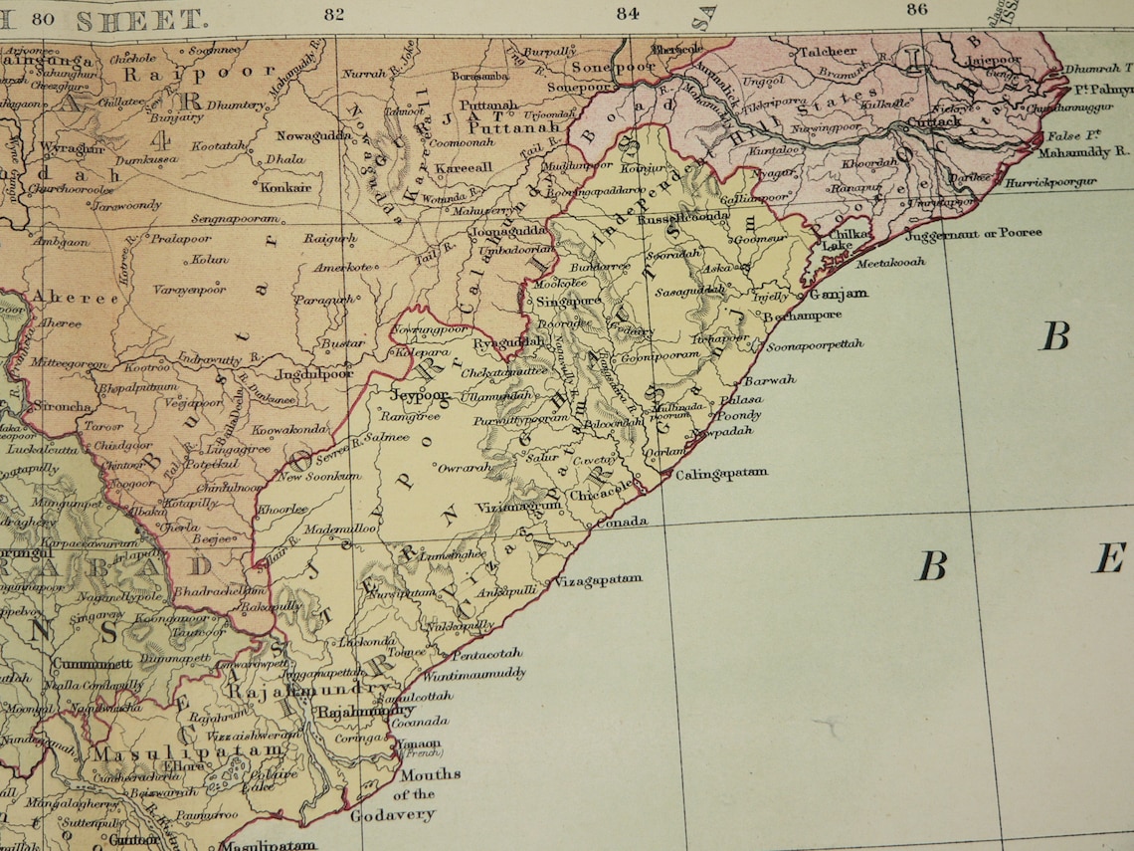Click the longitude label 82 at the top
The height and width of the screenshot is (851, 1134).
(x=334, y=13)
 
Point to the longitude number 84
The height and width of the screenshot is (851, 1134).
(x=627, y=13)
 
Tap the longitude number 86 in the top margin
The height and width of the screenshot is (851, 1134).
(x=917, y=10)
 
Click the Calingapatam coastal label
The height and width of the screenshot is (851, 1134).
(x=721, y=474)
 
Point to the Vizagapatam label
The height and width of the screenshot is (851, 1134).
(x=598, y=579)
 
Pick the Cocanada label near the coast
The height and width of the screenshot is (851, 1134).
(x=419, y=722)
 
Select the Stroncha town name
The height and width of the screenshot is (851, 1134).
(x=62, y=407)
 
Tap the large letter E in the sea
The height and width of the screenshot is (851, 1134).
(x=1108, y=558)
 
